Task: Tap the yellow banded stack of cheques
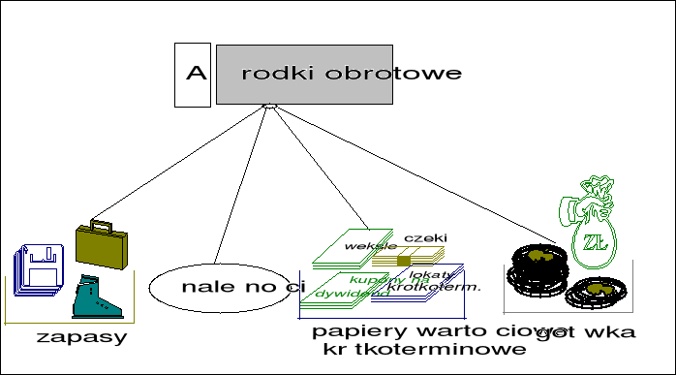(405, 258)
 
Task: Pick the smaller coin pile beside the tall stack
(599, 291)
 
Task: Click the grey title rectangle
(304, 75)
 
